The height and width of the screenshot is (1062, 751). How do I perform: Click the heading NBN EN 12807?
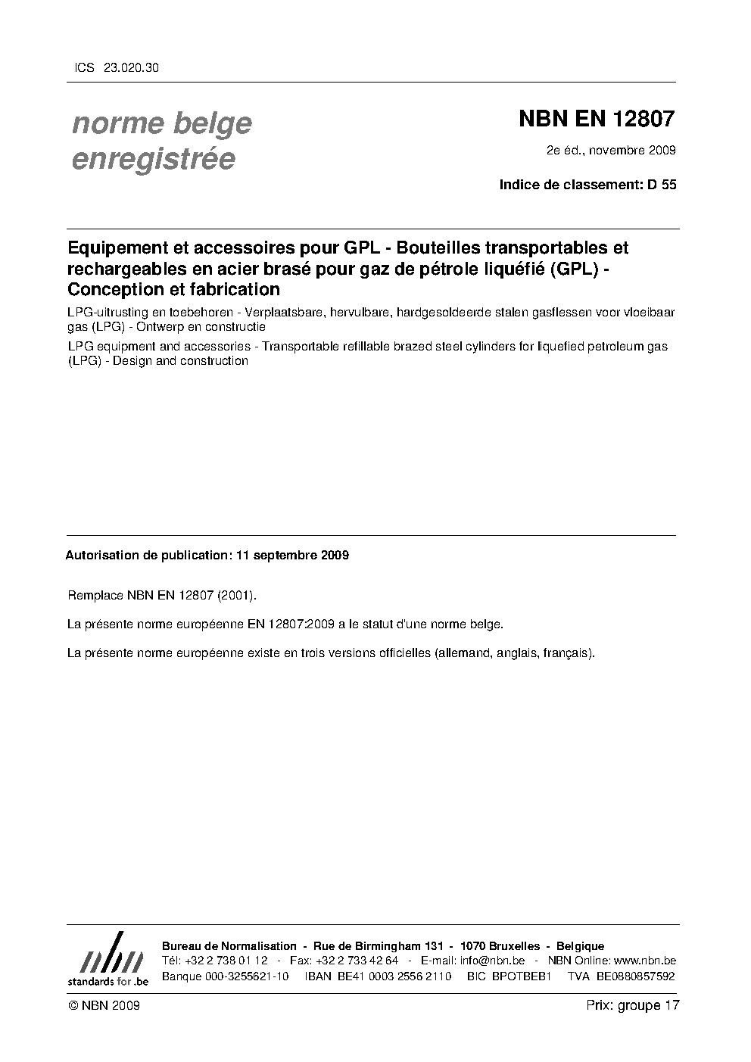596,119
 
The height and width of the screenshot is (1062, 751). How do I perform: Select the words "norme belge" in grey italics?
161,123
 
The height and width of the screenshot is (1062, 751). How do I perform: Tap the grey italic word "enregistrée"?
153,160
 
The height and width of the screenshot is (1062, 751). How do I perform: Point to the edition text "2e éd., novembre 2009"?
611,150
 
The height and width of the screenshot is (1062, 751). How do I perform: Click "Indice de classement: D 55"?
587,184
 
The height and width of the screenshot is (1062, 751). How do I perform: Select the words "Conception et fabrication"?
174,289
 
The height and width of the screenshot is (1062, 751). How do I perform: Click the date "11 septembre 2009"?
292,555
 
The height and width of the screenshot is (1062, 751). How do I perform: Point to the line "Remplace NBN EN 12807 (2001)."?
162,596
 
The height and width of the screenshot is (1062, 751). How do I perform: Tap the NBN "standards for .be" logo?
108,960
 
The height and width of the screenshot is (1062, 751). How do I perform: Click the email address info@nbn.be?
492,961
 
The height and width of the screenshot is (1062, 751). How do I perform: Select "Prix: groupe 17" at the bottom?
633,1005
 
